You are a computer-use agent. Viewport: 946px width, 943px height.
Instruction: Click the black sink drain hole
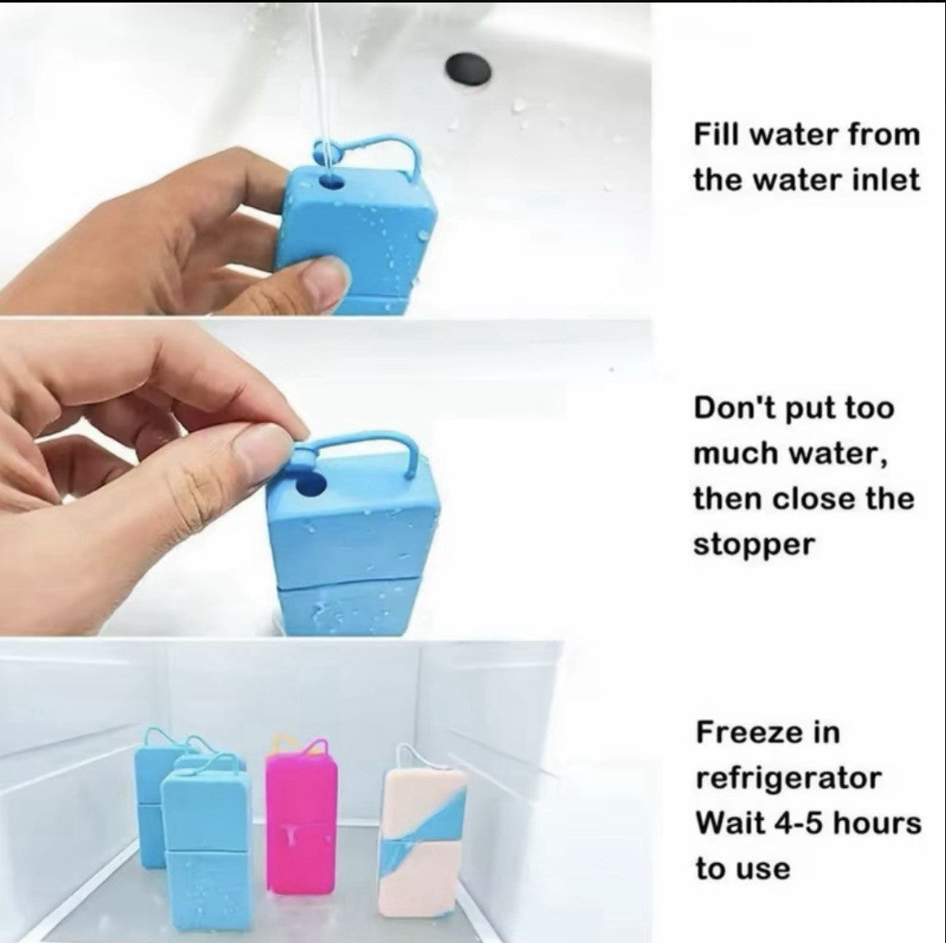coord(468,69)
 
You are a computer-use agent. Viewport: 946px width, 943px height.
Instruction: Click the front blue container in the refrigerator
coord(205,850)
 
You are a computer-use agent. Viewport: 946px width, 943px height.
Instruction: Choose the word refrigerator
coord(788,779)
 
